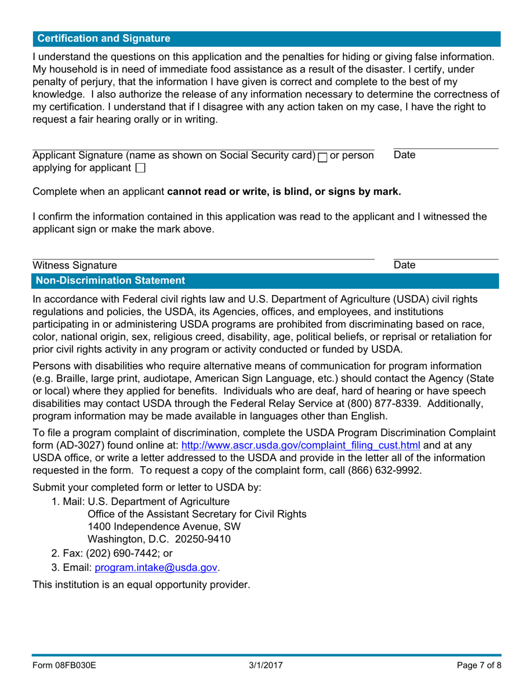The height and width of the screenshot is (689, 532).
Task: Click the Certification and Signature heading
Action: [x=104, y=39]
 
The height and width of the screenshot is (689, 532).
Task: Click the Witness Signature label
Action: [x=75, y=265]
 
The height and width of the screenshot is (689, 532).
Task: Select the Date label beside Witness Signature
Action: [x=404, y=265]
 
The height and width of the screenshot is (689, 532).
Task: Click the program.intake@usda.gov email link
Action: [x=156, y=567]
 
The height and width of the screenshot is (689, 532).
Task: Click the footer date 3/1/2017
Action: [x=265, y=666]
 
